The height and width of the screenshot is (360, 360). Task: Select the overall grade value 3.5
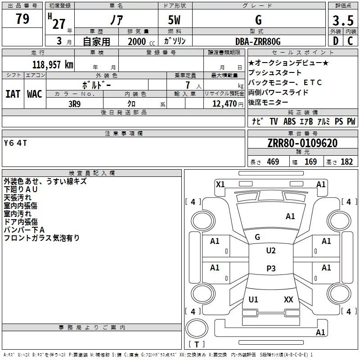click(342, 21)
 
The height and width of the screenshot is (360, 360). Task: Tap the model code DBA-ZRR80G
click(258, 41)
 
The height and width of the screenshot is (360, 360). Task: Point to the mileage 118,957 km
click(52, 65)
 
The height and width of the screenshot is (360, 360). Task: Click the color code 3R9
click(75, 103)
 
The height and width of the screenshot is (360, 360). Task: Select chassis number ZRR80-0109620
click(302, 143)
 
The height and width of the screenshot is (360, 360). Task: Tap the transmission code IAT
click(13, 94)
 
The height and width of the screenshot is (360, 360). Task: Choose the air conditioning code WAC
click(34, 94)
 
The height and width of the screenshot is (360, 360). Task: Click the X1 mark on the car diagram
click(220, 184)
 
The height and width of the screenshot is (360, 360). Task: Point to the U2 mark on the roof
click(271, 251)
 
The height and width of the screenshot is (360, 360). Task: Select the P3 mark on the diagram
click(271, 269)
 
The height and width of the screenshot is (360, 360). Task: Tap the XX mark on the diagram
click(288, 299)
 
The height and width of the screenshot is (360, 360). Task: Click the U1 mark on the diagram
click(253, 299)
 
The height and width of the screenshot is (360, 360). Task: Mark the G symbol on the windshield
click(258, 237)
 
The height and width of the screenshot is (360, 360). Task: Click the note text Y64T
click(15, 143)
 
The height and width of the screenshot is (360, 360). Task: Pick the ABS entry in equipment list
click(289, 121)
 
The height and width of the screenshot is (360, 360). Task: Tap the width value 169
click(310, 162)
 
